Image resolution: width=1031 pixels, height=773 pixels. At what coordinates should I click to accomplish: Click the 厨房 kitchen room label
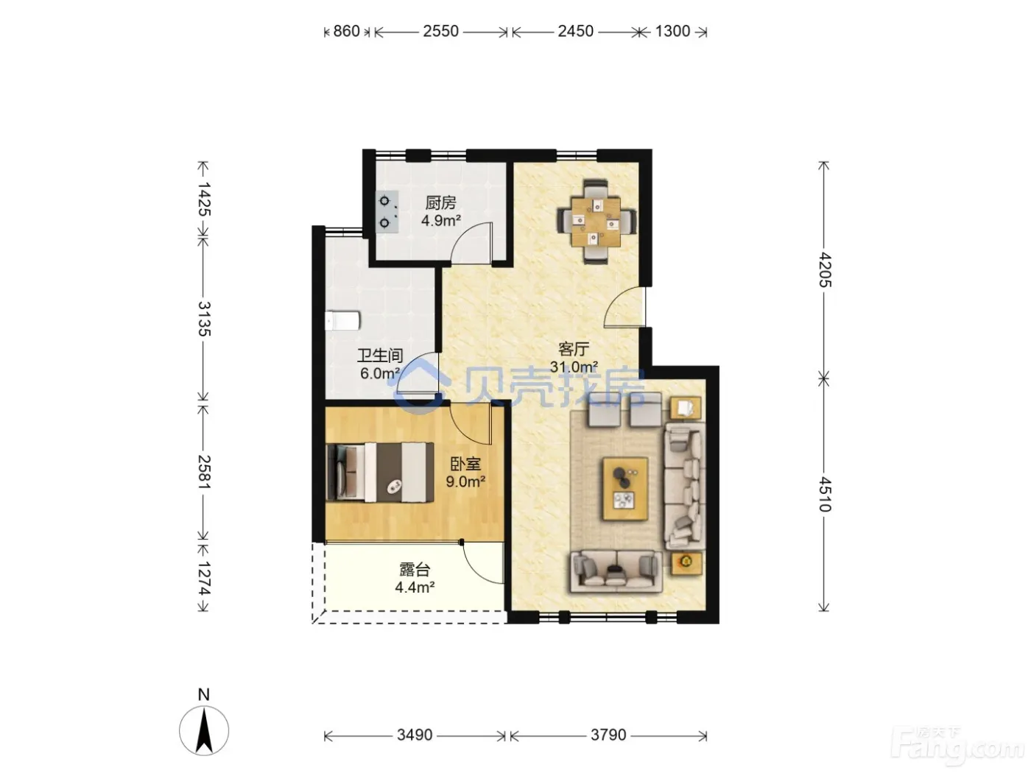[x=440, y=203]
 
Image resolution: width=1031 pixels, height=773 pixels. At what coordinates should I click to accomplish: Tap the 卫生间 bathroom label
[x=380, y=356]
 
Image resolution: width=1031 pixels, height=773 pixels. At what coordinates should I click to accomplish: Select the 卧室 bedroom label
[x=465, y=465]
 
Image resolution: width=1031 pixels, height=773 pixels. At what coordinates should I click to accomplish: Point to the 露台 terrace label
[x=415, y=570]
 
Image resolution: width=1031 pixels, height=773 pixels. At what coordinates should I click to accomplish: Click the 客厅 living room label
[x=574, y=349]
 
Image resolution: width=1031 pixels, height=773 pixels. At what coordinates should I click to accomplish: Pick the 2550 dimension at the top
[x=440, y=31]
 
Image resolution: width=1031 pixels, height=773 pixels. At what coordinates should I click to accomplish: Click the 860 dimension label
[x=346, y=31]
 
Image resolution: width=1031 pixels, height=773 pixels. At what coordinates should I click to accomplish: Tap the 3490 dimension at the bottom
[x=415, y=735]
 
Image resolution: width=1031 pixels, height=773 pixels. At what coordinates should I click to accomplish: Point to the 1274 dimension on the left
[x=204, y=578]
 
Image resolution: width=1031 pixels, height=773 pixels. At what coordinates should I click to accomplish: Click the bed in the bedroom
[x=380, y=472]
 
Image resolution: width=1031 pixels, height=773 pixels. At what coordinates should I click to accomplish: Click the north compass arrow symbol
[x=204, y=731]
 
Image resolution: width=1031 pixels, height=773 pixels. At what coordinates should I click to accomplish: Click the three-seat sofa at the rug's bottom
[x=616, y=571]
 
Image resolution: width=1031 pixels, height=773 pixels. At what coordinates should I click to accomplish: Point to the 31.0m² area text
[x=574, y=366]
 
